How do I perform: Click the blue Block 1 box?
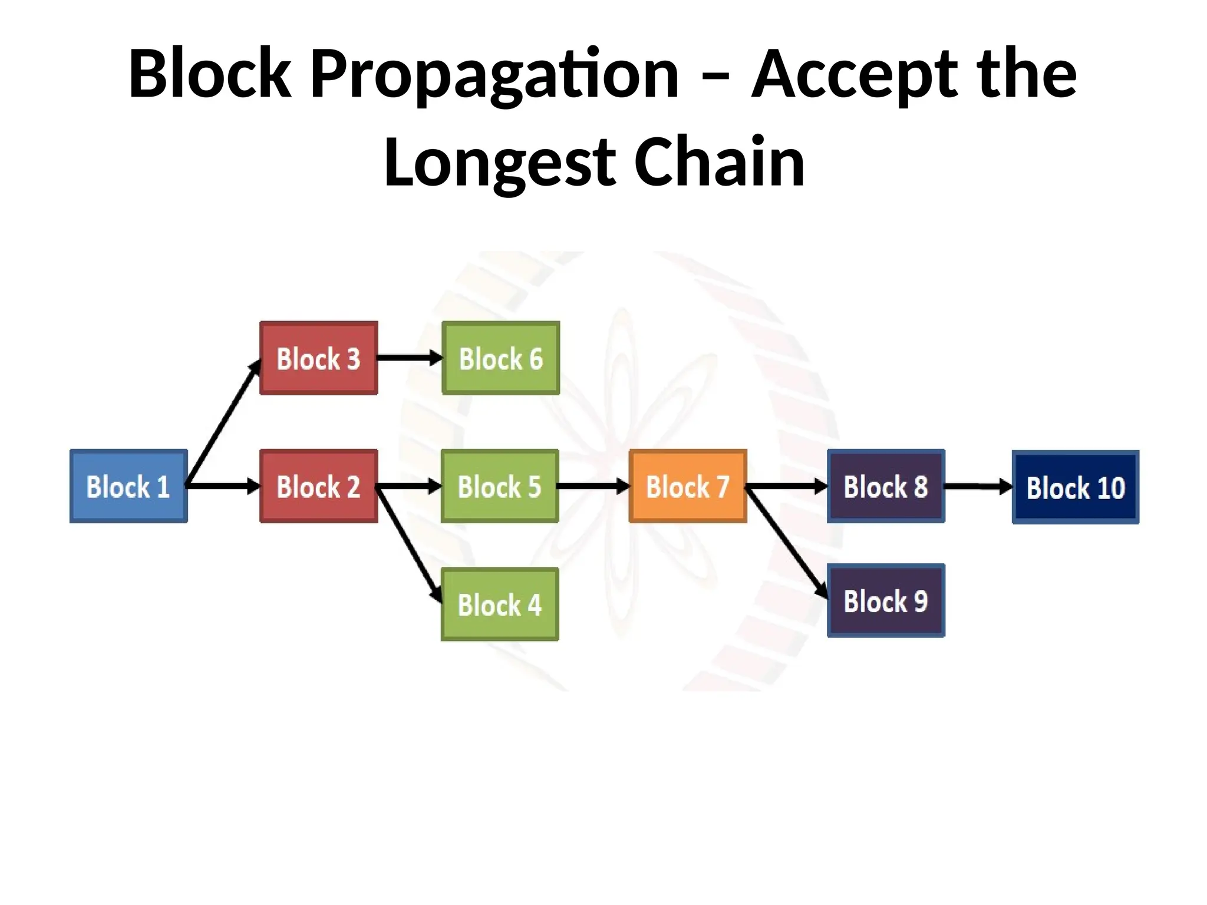point(128,486)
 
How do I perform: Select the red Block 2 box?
point(318,486)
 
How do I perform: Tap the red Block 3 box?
point(318,358)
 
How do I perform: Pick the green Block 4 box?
point(500,604)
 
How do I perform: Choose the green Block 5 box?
point(500,486)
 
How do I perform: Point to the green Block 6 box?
point(500,358)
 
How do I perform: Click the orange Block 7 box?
point(688,486)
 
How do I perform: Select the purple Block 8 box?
point(886,486)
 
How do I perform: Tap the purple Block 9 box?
point(886,600)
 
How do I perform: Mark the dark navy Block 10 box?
point(1076,487)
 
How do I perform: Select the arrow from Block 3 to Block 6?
point(409,358)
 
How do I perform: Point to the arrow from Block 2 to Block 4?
point(409,546)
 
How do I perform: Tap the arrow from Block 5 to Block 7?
point(593,486)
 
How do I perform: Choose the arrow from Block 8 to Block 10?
point(978,487)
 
